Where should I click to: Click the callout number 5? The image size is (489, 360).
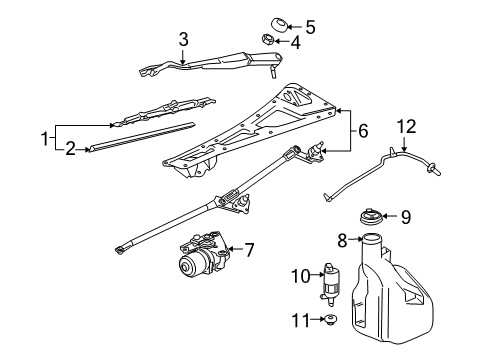pos(310,27)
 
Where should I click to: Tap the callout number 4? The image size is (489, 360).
pos(295,43)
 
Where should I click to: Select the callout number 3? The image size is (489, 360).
pos(183,39)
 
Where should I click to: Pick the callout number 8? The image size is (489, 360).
pos(341,241)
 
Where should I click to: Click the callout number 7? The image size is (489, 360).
pos(250,247)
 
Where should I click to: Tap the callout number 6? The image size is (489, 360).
pos(363,129)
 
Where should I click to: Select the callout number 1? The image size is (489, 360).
pos(43,136)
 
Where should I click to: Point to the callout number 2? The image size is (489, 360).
pos(69,149)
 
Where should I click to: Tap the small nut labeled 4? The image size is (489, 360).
pos(268,41)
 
